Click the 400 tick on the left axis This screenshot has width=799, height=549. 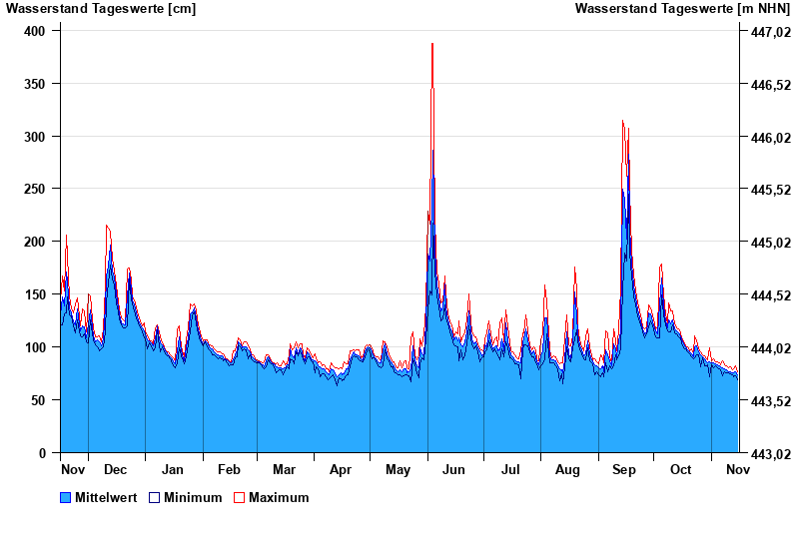coord(36,31)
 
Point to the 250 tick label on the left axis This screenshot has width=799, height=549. coord(36,189)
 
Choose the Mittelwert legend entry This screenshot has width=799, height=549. coord(106,497)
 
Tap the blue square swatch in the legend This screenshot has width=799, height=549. coord(66,497)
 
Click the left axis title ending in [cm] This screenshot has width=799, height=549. coord(101,9)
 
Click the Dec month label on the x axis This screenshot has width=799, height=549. coord(116,469)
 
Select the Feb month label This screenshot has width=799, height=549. coord(229,469)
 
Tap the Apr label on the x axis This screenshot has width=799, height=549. coord(341,469)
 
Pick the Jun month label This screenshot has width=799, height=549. coord(453,469)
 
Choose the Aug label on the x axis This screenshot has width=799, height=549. coord(567,469)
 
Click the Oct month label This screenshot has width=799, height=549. coord(680,469)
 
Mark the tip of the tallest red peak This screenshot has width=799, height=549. coord(431,44)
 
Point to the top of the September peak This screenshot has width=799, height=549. coord(622,121)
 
